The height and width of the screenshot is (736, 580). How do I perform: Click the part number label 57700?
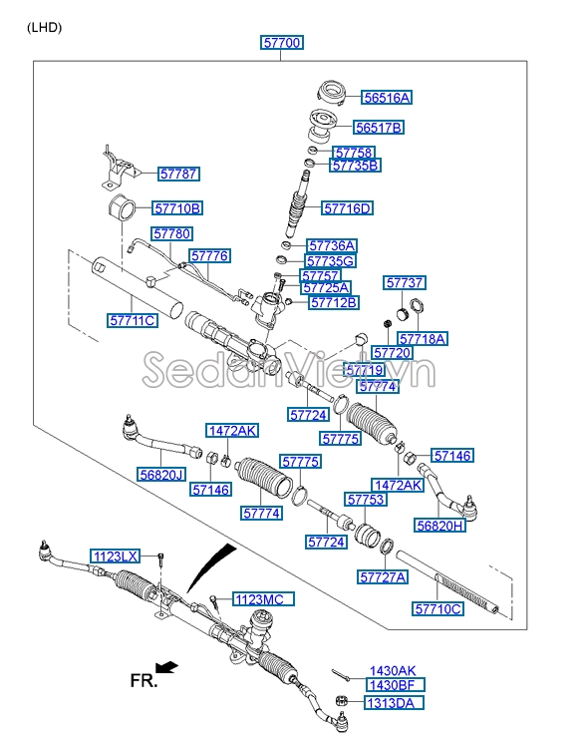pyautogui.click(x=282, y=43)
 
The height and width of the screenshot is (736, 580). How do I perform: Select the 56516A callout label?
pyautogui.click(x=387, y=98)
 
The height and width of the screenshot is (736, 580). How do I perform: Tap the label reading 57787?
pyautogui.click(x=178, y=174)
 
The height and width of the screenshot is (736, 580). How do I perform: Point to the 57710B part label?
pyautogui.click(x=177, y=208)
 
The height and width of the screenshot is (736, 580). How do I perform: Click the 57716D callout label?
pyautogui.click(x=348, y=208)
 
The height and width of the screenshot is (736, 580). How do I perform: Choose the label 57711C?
pyautogui.click(x=133, y=320)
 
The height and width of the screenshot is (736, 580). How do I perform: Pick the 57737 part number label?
pyautogui.click(x=405, y=282)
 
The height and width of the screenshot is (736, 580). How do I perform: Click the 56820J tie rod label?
pyautogui.click(x=161, y=475)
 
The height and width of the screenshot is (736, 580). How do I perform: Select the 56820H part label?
pyautogui.click(x=439, y=526)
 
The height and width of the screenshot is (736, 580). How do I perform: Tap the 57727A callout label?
pyautogui.click(x=383, y=576)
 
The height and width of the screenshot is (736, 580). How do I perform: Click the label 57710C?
pyautogui.click(x=438, y=608)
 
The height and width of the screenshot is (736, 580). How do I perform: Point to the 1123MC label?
pyautogui.click(x=263, y=599)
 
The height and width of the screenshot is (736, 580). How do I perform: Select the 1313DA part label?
pyautogui.click(x=395, y=703)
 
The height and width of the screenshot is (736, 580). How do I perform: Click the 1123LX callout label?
pyautogui.click(x=116, y=556)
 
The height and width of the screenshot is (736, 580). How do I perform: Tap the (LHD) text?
pyautogui.click(x=44, y=28)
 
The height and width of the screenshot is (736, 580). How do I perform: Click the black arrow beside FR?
pyautogui.click(x=166, y=666)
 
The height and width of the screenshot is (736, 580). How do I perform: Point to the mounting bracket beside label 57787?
pyautogui.click(x=120, y=168)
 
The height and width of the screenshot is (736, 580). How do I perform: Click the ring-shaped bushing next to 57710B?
pyautogui.click(x=122, y=207)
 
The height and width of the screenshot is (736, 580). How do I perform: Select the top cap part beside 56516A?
pyautogui.click(x=333, y=94)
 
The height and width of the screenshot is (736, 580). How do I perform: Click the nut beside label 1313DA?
pyautogui.click(x=341, y=702)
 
